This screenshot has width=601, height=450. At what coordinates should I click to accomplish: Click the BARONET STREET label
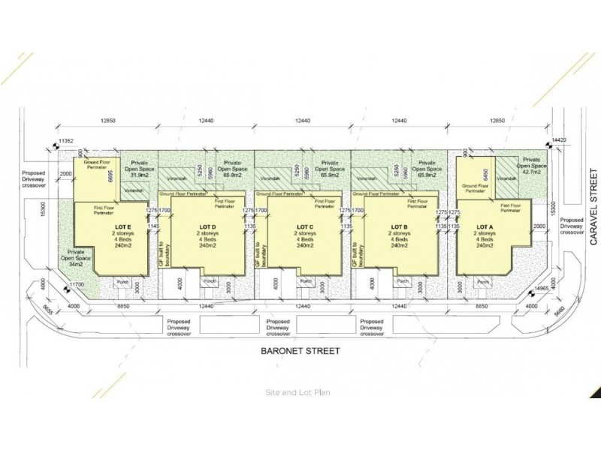pos(300,350)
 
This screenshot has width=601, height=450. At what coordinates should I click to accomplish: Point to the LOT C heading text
pos(304,226)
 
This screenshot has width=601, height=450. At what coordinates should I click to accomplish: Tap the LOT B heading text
pos(400,226)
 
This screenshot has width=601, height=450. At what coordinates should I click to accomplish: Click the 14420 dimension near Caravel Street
pos(557,139)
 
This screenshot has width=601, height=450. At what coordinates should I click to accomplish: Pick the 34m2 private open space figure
pos(76,263)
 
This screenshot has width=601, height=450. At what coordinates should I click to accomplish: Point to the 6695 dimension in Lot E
pos(110,176)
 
